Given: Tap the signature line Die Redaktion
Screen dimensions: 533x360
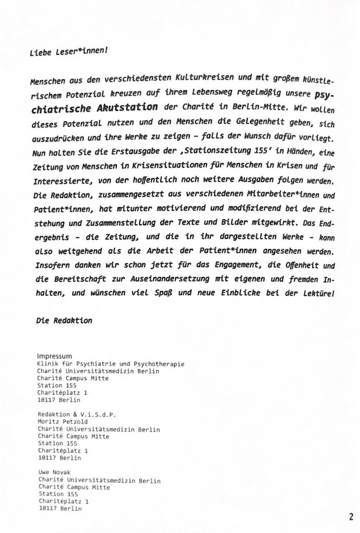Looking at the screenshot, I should tap(64, 321).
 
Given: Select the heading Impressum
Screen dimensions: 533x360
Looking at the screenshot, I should tap(55, 356).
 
